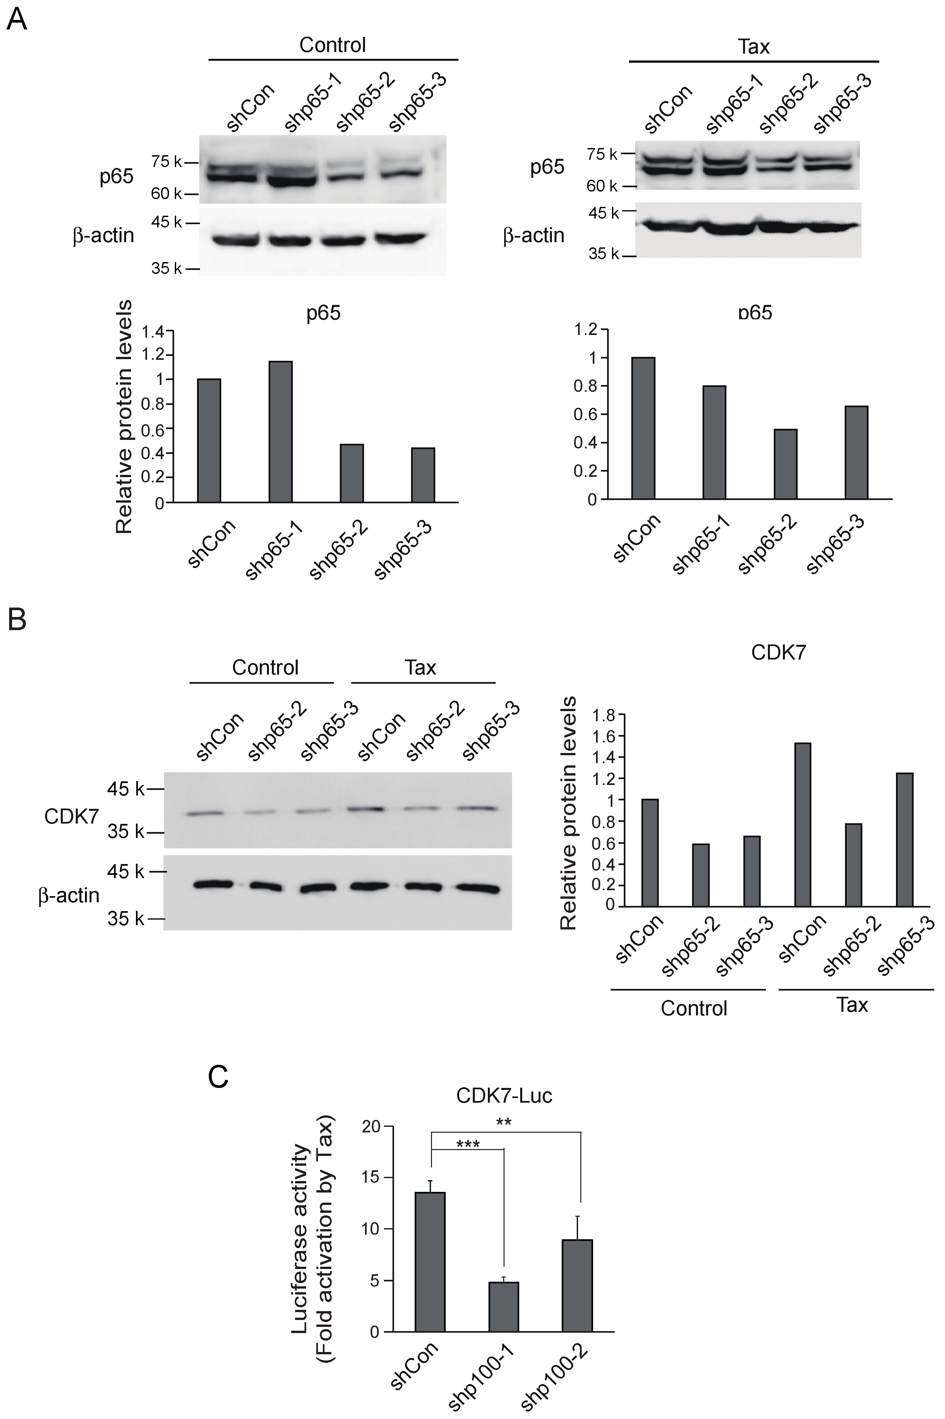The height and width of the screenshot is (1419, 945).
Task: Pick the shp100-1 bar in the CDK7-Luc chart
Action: point(503,1307)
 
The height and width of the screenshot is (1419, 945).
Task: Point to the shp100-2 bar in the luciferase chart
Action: point(577,1286)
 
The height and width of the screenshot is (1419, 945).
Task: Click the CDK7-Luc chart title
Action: point(504,1095)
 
